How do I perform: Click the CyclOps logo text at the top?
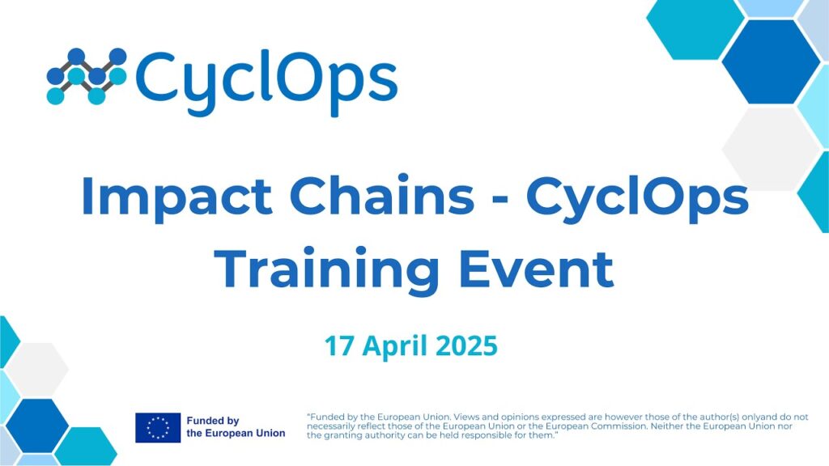click(266, 82)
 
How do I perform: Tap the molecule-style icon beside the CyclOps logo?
click(87, 76)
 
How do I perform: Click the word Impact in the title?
click(176, 196)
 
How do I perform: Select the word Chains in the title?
click(382, 195)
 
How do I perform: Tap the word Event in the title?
click(537, 269)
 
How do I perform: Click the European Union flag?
click(158, 427)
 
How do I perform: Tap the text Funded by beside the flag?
click(213, 421)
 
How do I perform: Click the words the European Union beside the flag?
click(236, 434)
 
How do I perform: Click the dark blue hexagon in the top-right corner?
click(771, 61)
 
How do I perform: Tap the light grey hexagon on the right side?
click(771, 149)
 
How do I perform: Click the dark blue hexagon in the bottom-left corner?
click(37, 426)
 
